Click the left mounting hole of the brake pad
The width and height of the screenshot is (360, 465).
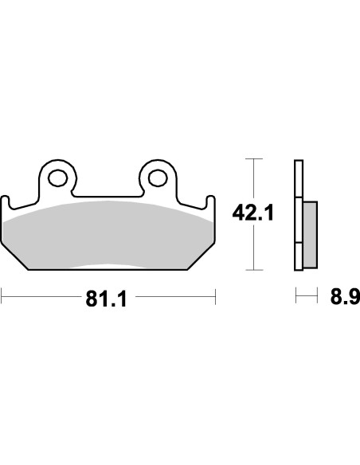point(57,176)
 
